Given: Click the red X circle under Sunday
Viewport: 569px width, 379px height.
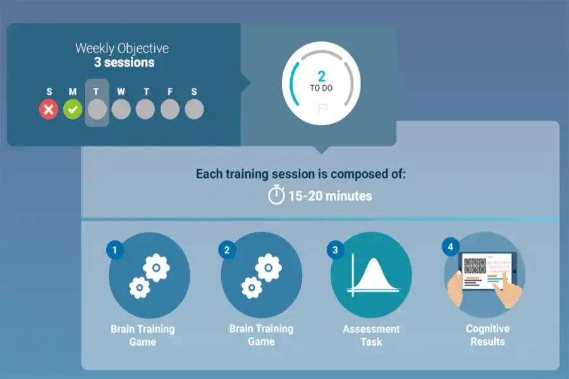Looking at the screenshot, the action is click(x=49, y=109).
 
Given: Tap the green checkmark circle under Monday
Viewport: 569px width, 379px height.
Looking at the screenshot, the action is click(x=73, y=109).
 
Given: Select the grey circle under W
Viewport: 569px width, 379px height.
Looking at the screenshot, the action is click(x=121, y=109).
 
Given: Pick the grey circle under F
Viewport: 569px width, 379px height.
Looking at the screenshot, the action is click(x=170, y=109).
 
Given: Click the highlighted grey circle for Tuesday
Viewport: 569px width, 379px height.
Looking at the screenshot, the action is click(x=97, y=109).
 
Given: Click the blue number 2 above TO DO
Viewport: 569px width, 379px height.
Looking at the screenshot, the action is click(x=322, y=76).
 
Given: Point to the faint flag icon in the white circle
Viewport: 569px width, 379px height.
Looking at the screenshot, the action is click(x=322, y=109).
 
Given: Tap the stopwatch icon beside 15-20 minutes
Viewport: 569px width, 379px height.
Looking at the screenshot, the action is click(x=276, y=195).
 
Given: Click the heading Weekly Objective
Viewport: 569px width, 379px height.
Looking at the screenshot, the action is click(x=122, y=48).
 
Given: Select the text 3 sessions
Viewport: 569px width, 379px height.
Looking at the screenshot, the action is click(x=124, y=63).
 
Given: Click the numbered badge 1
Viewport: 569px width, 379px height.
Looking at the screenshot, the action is click(x=115, y=250).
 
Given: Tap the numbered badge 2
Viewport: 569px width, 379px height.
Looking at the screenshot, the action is click(x=227, y=250).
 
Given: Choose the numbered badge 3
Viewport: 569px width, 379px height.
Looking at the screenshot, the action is click(x=335, y=250).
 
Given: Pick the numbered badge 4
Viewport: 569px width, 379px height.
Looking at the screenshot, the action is click(x=450, y=247).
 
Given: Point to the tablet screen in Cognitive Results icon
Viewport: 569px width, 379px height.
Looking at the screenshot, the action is click(x=486, y=270).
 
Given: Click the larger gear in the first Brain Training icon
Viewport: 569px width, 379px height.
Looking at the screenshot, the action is click(x=156, y=268).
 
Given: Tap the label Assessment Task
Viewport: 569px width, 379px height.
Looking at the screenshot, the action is click(x=371, y=335).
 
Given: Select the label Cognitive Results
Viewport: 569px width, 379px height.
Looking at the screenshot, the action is click(x=487, y=335).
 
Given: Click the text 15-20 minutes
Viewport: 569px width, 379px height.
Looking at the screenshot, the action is click(x=330, y=196).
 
